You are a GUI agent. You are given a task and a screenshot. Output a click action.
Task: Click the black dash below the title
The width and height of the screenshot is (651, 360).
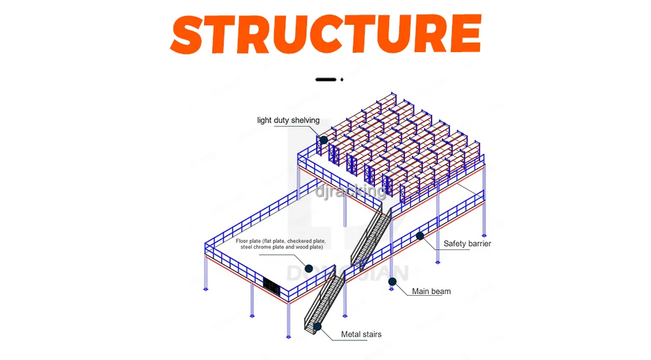325,80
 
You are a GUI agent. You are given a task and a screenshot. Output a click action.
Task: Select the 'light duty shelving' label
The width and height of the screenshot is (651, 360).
288,120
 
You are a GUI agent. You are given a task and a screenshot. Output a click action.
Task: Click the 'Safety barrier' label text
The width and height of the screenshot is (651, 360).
467,244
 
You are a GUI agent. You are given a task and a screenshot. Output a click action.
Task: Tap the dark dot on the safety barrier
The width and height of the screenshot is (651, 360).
420,236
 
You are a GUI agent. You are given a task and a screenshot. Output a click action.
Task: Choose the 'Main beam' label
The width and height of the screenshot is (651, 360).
431,291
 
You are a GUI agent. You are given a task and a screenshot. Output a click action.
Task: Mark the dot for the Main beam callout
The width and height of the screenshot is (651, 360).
390,287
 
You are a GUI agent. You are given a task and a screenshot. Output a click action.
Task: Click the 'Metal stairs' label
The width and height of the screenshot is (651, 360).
361,334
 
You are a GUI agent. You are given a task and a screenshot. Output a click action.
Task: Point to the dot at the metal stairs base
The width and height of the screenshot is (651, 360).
317,326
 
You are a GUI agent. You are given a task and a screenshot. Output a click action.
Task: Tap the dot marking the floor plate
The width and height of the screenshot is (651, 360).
308,268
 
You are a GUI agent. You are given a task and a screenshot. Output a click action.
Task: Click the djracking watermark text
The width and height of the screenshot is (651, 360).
350,190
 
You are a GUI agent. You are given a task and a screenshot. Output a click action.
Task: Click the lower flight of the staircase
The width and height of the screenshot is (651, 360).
325,299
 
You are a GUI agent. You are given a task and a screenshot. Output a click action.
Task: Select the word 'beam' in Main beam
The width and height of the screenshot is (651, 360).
441,291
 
